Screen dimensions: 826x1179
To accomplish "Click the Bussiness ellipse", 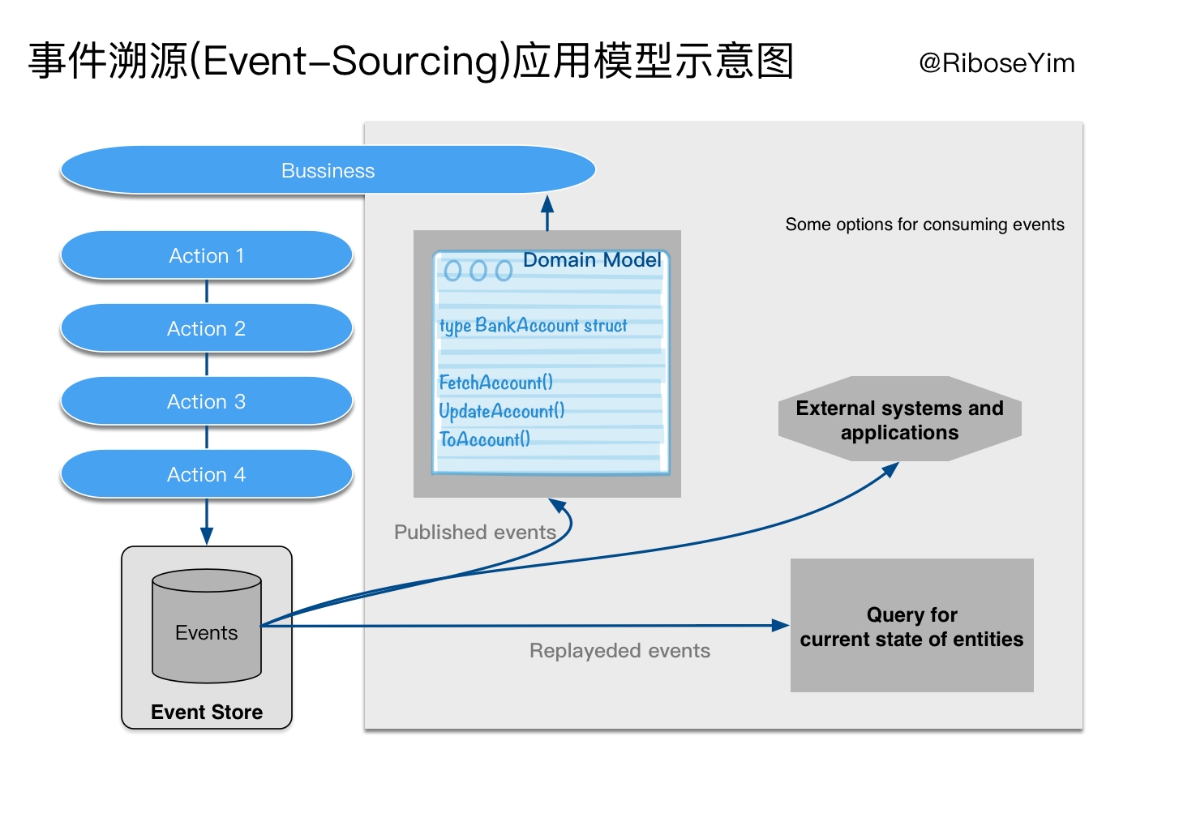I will [328, 170].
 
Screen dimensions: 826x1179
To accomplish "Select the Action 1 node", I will [207, 255].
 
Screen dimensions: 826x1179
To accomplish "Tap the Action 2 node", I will [207, 328].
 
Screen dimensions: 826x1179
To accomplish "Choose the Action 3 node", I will [207, 401].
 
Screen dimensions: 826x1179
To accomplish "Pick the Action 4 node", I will [207, 474].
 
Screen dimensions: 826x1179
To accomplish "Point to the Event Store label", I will [207, 712].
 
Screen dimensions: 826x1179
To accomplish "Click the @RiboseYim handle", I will [997, 63].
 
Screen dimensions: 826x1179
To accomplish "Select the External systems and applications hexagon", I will [899, 420].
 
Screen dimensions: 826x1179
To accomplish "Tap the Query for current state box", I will [911, 626].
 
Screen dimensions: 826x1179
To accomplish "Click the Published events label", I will [474, 532].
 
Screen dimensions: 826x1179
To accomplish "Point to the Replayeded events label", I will [620, 650].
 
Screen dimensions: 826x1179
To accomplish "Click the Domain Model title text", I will [592, 260].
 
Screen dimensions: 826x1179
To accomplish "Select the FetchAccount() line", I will [496, 382].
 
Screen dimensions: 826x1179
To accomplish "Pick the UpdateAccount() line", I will [502, 411].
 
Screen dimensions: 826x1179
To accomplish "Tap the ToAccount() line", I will [485, 439].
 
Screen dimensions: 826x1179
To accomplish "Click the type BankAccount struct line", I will [533, 325].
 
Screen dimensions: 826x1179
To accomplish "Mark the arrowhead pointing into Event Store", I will [207, 536].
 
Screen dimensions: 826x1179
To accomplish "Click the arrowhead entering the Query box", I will [780, 625].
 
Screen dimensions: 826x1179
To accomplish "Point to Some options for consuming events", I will [924, 225].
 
